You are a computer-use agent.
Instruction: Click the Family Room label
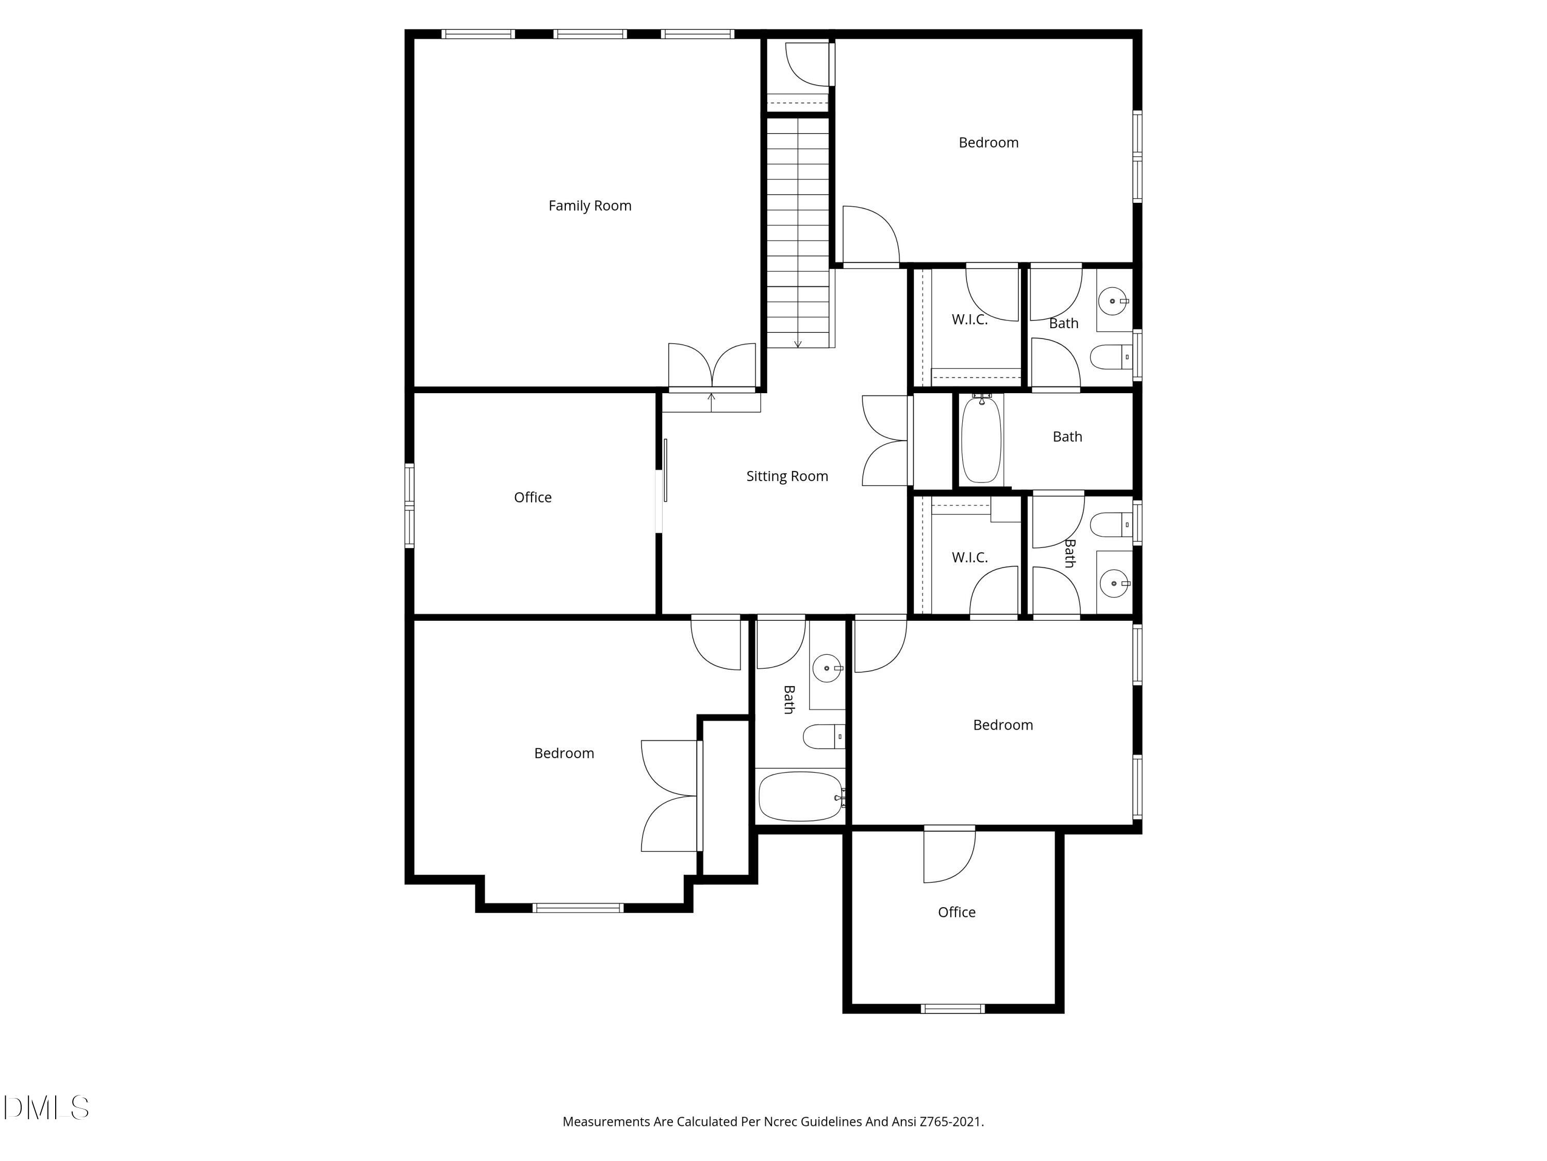coord(589,206)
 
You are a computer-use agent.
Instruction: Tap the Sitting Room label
coord(787,477)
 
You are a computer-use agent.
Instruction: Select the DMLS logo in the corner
coord(46,1108)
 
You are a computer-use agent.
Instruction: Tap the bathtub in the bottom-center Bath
coord(800,796)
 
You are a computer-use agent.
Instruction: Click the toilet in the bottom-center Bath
coord(822,736)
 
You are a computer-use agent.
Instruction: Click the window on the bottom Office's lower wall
coord(952,1008)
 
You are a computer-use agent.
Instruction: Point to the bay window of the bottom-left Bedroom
coord(578,908)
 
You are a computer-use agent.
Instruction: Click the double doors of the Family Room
coord(712,365)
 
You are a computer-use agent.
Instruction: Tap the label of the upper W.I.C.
coord(969,320)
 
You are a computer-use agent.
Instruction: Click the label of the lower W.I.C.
coord(969,558)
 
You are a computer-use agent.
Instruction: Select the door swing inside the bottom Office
coord(948,855)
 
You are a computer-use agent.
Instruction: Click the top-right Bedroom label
coord(988,143)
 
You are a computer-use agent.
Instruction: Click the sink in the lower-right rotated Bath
coord(1113,583)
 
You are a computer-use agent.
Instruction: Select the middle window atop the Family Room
coord(589,34)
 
